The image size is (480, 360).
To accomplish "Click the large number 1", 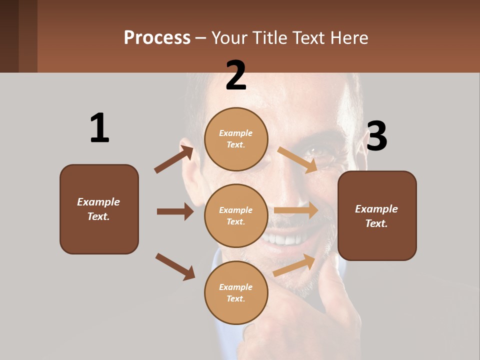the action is (99, 128).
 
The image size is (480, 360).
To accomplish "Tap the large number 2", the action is (236, 75).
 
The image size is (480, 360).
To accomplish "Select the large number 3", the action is (377, 136).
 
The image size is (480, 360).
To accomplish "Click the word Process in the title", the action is (157, 37).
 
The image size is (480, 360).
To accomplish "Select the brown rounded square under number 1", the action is (99, 209).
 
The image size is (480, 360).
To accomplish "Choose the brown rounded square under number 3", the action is (377, 216).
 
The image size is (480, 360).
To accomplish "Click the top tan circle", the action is (236, 139).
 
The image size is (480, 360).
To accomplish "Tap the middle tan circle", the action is (236, 215).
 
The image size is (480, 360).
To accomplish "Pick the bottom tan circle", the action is (236, 292).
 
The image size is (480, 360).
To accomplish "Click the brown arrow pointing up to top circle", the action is (173, 159).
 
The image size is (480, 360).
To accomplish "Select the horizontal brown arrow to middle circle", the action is (175, 211).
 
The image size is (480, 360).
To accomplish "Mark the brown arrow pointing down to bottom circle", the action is (175, 266).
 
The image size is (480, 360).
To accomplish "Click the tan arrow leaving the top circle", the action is (297, 159).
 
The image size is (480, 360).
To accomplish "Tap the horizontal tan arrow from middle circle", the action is (296, 210).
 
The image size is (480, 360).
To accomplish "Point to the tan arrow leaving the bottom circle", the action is (294, 265).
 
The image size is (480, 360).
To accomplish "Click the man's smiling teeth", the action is (285, 239).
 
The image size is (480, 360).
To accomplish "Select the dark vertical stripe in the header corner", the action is (27, 36).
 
